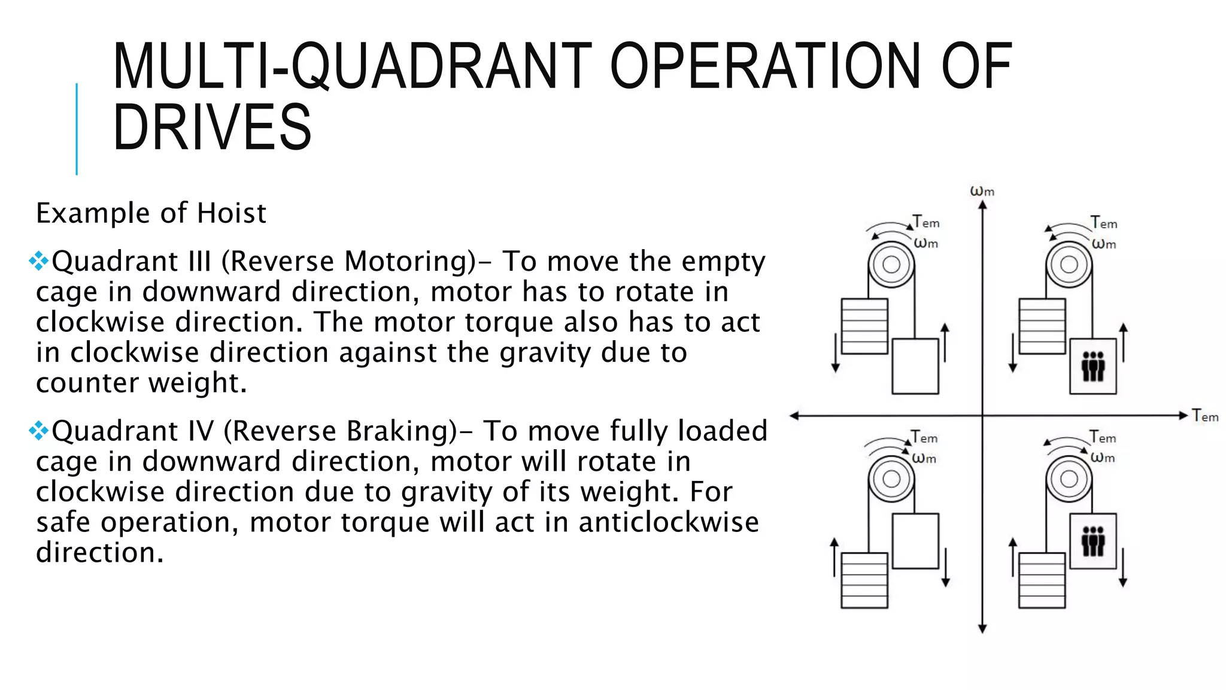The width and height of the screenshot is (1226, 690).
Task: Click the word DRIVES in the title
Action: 212,127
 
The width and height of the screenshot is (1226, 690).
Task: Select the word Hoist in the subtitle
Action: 232,213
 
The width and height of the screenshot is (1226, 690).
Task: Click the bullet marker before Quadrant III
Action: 39,261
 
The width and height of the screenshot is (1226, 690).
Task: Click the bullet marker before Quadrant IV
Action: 39,430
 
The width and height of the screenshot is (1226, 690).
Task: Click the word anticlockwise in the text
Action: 668,522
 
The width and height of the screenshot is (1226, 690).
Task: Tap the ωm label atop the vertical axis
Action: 982,191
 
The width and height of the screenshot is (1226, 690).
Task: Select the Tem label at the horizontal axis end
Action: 1204,416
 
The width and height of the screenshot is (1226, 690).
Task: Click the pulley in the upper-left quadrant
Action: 891,264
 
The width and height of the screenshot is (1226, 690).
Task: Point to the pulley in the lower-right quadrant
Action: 1069,479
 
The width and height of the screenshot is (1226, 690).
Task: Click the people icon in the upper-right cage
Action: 1093,366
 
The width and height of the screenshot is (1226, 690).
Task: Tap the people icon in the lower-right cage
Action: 1093,541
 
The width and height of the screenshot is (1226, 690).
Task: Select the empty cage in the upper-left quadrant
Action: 915,366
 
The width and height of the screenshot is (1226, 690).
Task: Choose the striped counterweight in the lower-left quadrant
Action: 864,580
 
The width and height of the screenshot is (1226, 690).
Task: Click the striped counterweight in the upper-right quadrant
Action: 1042,326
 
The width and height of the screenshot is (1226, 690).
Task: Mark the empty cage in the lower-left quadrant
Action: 915,541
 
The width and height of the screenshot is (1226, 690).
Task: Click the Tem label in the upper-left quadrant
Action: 926,222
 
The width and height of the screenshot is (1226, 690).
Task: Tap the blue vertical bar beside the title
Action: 77,129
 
